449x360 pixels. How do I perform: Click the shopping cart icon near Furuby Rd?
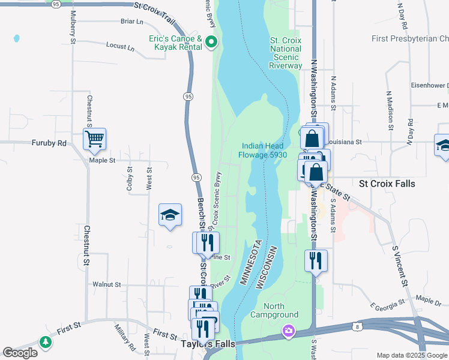[x=95, y=139]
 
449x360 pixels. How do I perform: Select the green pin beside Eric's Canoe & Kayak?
[x=211, y=42]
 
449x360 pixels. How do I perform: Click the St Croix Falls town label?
[x=387, y=184]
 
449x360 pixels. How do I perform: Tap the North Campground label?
[x=274, y=310]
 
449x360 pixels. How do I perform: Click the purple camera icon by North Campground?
[x=289, y=331]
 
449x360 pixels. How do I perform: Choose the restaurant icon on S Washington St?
[x=315, y=261]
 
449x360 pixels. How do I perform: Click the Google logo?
[x=20, y=353]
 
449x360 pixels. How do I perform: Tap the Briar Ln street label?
[x=132, y=22]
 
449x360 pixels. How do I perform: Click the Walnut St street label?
[x=107, y=284]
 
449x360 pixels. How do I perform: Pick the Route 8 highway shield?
[x=357, y=325]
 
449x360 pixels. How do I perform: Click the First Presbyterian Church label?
[x=410, y=39]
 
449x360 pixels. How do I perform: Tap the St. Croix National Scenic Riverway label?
[x=286, y=53]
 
